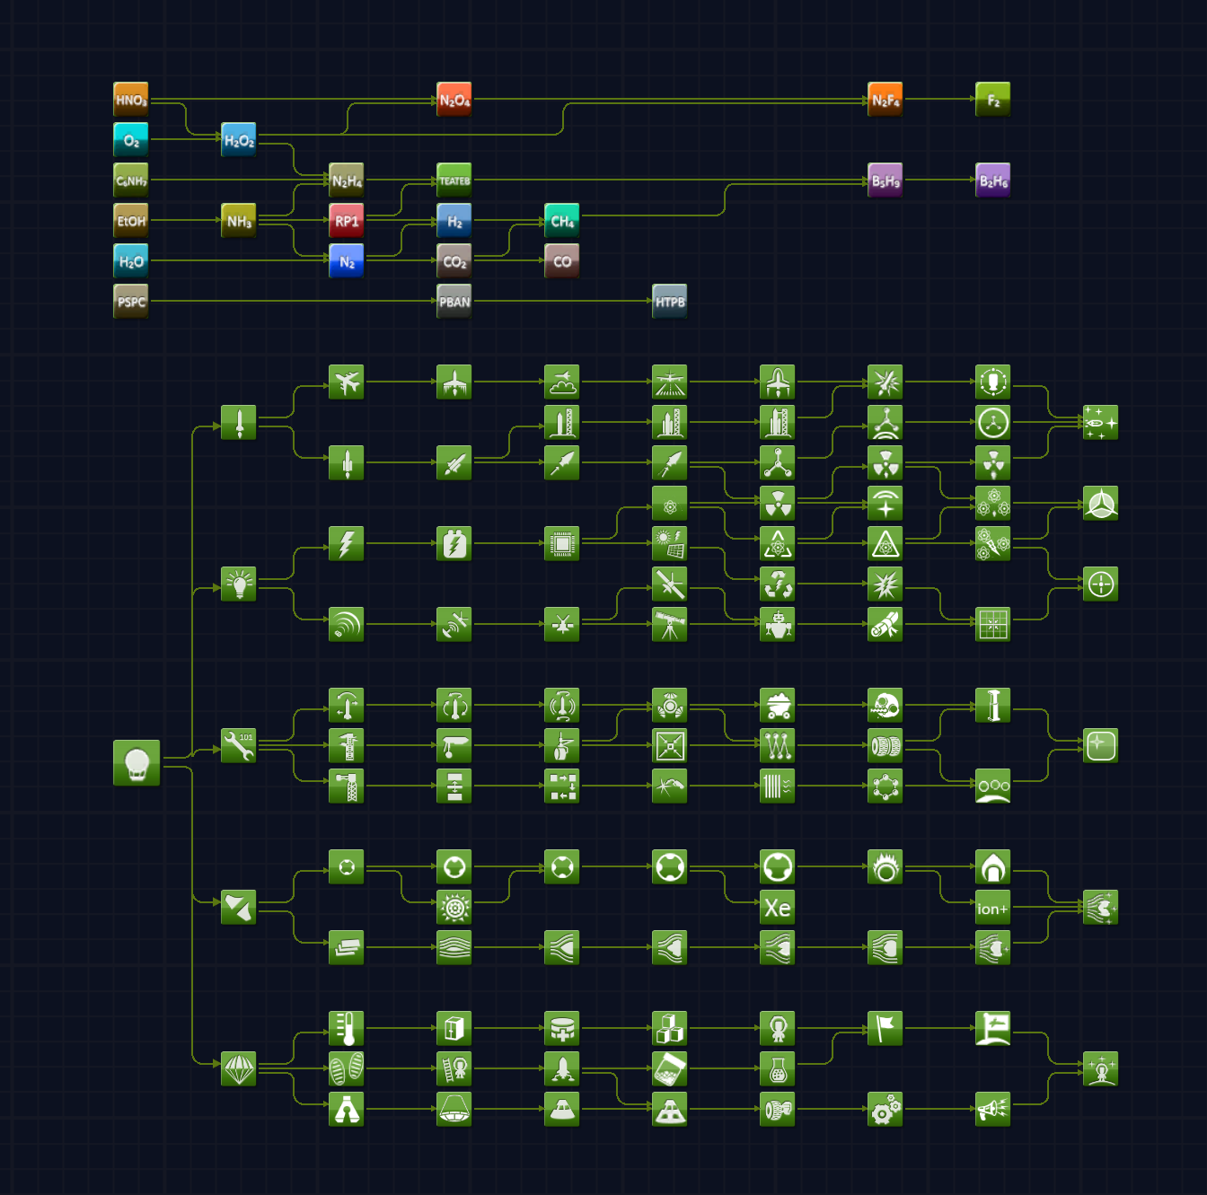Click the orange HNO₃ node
point(131,100)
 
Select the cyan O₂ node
point(131,140)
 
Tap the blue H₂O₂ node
point(239,140)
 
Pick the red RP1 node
point(347,221)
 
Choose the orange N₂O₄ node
point(454,100)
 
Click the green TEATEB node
point(454,180)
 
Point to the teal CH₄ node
point(562,221)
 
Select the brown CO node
point(562,261)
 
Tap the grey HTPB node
point(670,302)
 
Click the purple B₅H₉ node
point(885,180)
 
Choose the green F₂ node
point(993,100)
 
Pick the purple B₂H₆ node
point(993,180)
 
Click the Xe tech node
point(778,908)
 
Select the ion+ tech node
point(993,908)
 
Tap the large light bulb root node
point(137,763)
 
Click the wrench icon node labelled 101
point(239,746)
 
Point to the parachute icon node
point(239,1069)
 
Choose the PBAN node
point(454,302)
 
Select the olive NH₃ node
point(239,221)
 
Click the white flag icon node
point(885,1029)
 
